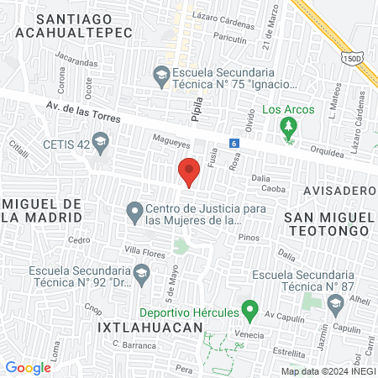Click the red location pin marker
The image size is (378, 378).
pos(189,171)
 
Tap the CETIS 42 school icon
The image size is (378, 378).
pos(101,142)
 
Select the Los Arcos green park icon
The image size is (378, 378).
pos(288,129)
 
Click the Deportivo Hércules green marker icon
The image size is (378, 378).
pos(249,310)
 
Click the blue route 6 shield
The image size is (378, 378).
pos(234,144)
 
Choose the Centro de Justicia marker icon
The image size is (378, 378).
pos(134,213)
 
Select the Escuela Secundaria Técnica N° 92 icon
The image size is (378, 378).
pos(143,272)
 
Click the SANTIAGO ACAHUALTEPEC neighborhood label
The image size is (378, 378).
pos(74,24)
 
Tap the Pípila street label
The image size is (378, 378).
pos(197,111)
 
